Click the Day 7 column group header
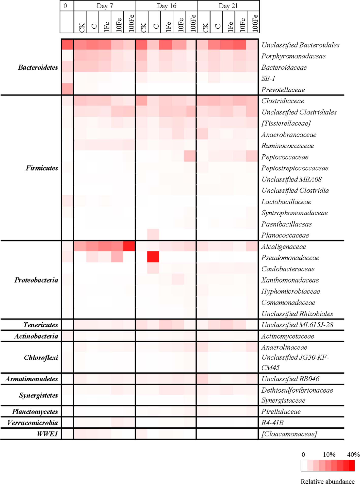105,6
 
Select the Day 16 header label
167,6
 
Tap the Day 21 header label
228,6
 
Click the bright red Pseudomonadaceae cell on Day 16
153,257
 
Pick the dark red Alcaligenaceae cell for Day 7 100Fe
129,246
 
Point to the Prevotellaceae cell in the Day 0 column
67,89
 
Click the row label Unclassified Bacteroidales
300,45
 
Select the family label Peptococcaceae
285,157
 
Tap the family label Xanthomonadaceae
290,280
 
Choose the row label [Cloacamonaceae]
289,434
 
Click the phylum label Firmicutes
42,168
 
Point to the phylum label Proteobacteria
36,280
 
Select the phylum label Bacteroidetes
38,68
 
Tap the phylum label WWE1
47,434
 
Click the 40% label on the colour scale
353,455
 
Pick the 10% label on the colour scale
329,455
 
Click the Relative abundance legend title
328,481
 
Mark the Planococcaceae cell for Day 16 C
153,235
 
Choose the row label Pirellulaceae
281,412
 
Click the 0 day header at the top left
66,6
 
